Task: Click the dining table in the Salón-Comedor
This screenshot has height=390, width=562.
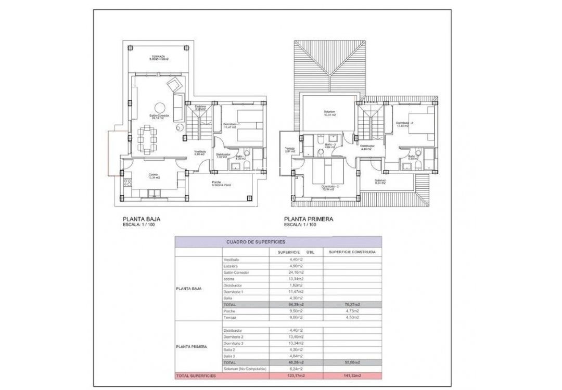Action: [149, 138]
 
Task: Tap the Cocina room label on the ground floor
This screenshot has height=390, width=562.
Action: [154, 175]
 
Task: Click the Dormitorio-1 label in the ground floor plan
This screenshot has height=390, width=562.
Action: [231, 124]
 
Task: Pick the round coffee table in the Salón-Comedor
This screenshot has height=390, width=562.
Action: [178, 126]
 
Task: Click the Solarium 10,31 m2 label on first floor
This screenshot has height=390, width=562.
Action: [329, 113]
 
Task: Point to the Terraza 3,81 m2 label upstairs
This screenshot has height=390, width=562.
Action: [290, 150]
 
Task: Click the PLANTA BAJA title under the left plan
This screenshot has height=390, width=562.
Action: [140, 219]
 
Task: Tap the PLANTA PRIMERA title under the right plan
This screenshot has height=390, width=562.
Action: [308, 219]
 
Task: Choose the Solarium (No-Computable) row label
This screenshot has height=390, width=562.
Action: [245, 369]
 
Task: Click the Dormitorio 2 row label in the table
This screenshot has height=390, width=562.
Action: [234, 337]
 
